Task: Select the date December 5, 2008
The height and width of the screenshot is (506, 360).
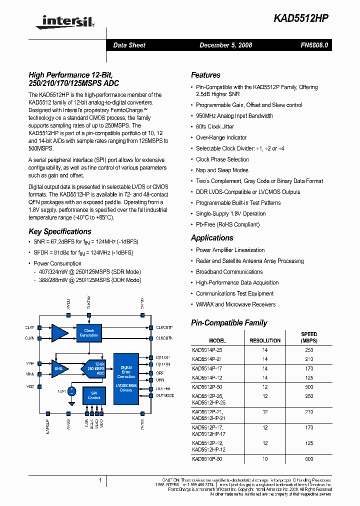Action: (225, 45)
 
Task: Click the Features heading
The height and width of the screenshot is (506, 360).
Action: (205, 75)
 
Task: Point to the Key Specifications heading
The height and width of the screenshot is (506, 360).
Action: (60, 231)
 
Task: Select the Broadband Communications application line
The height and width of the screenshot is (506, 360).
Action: (229, 272)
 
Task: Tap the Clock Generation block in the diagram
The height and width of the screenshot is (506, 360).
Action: (89, 333)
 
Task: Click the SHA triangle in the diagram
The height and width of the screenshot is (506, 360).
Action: (59, 368)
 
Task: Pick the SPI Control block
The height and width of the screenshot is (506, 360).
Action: (94, 395)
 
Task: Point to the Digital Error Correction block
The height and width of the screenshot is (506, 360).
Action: (126, 372)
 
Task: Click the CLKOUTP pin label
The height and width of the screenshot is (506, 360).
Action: (164, 327)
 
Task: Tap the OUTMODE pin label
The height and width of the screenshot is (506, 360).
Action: (164, 395)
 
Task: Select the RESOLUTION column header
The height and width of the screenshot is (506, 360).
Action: (265, 340)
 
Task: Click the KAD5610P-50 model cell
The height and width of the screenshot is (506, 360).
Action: (207, 459)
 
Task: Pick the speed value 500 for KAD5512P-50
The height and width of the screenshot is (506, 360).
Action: (309, 387)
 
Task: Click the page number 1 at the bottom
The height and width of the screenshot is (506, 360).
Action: (100, 480)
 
